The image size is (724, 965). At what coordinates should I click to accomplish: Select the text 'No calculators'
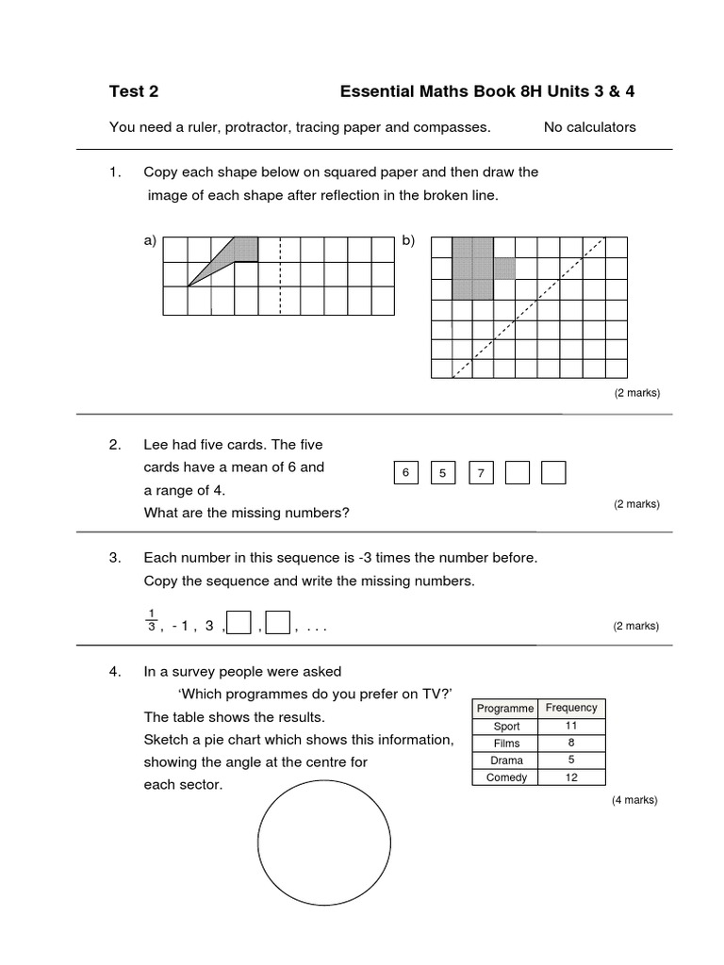point(589,127)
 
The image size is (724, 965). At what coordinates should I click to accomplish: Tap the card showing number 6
point(404,472)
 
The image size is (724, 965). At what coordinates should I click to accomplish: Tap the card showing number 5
point(442,472)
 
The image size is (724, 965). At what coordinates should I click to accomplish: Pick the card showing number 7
point(480,472)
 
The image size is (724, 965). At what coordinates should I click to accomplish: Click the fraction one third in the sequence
point(151,619)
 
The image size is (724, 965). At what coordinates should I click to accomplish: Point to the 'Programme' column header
point(505,708)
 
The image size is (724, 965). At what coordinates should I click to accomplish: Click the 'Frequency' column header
point(571,708)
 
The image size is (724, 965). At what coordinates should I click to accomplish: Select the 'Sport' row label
point(506,727)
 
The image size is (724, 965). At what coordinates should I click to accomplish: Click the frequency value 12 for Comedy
point(571,777)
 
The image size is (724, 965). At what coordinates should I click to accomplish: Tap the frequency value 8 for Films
point(571,744)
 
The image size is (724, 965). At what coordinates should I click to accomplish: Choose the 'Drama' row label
point(506,761)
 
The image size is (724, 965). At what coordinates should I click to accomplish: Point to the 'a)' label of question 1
point(150,240)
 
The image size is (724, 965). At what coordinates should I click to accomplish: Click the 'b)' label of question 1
point(408,240)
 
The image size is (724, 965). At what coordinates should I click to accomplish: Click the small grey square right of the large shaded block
point(504,269)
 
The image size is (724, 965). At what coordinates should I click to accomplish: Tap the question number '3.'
point(115,558)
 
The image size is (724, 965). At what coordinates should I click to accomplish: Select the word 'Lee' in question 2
point(156,444)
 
